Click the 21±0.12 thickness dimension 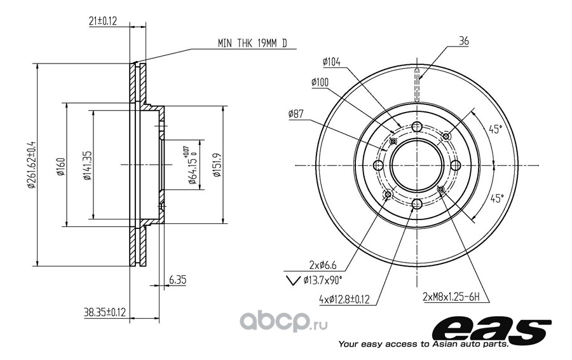tap(102, 21)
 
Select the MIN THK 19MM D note tap(252, 43)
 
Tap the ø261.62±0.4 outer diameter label tap(32, 165)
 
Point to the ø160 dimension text tap(60, 166)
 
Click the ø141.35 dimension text tap(87, 165)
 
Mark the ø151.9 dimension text tap(217, 165)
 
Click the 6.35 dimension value tap(177, 280)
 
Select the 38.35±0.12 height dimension tap(105, 312)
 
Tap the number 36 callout tap(464, 41)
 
